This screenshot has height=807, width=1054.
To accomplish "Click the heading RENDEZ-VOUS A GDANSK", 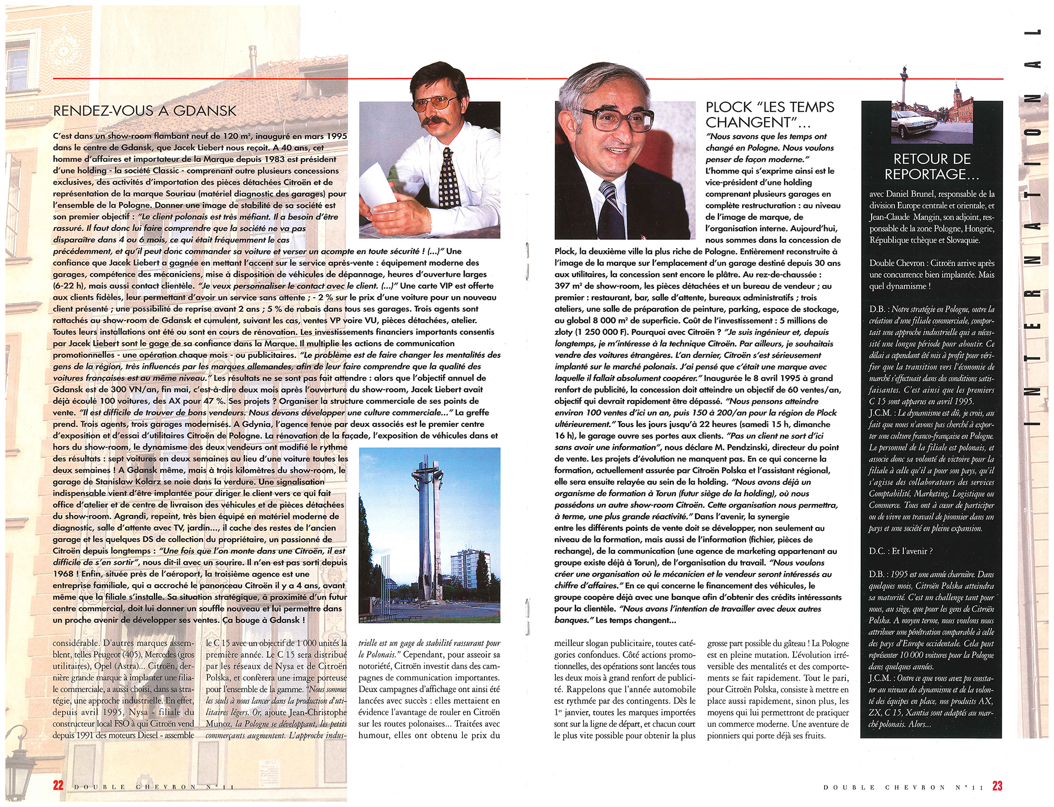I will pos(145,111).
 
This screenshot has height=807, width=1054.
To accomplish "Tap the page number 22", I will pos(58,785).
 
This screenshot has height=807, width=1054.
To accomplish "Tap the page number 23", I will pos(997,785).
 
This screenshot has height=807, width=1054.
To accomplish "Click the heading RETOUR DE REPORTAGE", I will pos(932,166).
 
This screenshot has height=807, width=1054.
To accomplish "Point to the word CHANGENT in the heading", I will pos(748,123).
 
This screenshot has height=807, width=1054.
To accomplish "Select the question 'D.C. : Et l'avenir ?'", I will pos(901,551).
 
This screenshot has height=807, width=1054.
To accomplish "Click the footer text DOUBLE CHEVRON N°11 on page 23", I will pos(903,787).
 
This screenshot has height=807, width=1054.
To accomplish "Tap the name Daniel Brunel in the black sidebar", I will pos(912,193).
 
